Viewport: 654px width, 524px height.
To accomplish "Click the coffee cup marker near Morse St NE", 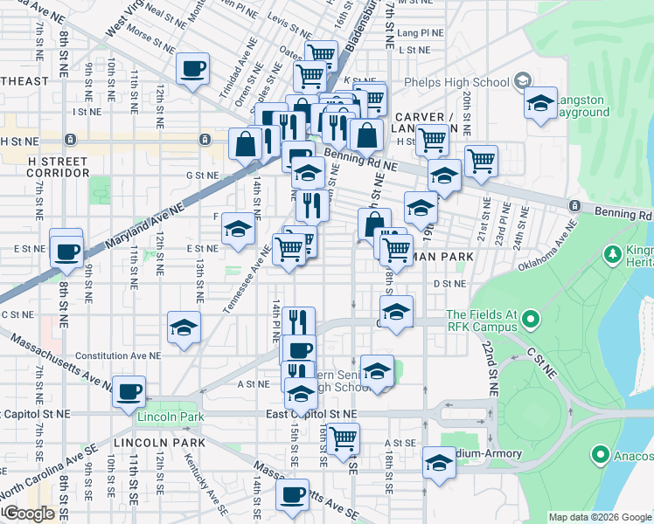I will point(192,69).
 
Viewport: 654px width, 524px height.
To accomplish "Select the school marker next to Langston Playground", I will point(541,104).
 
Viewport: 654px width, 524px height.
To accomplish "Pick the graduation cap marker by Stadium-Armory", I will point(439,463).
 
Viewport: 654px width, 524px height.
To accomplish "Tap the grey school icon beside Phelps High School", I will point(522,82).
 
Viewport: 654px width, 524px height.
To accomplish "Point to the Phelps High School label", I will point(456,83).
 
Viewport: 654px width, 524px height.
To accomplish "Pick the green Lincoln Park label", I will point(170,417).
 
